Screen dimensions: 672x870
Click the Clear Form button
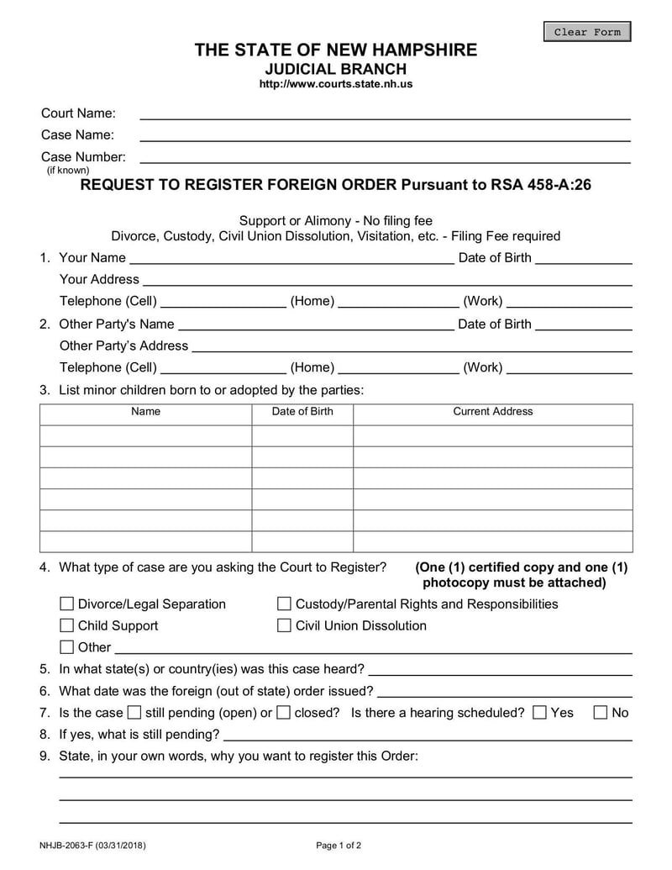click(587, 32)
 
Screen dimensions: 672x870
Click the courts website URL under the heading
click(335, 84)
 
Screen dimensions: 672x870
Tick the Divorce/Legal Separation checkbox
click(67, 604)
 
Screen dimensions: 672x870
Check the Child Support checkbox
click(67, 625)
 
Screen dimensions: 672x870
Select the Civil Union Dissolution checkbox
click(284, 625)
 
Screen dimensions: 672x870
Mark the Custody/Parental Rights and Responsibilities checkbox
click(284, 604)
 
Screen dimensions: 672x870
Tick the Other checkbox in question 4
click(67, 647)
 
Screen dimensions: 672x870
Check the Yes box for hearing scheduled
click(540, 713)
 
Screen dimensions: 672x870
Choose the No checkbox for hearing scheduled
click(601, 713)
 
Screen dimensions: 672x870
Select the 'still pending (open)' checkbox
click(134, 713)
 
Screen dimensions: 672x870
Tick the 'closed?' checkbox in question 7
click(283, 713)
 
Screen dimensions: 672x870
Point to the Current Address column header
click(493, 412)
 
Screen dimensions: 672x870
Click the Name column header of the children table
click(145, 412)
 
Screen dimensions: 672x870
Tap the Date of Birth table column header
click(302, 412)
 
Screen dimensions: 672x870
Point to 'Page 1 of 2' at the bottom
click(339, 846)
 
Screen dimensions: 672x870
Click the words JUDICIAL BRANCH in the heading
click(335, 69)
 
